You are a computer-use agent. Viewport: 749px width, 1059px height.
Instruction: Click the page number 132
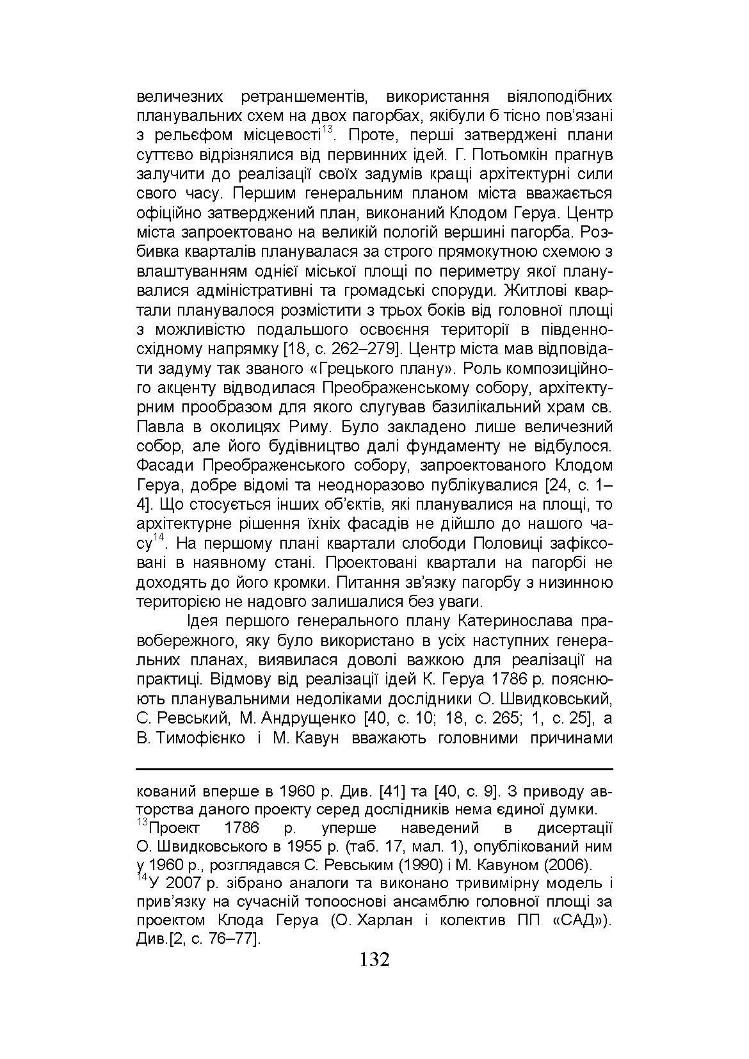coord(374,960)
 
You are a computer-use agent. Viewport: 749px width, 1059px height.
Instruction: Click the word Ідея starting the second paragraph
coord(204,622)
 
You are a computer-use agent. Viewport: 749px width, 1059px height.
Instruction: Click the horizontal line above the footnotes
coord(374,769)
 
